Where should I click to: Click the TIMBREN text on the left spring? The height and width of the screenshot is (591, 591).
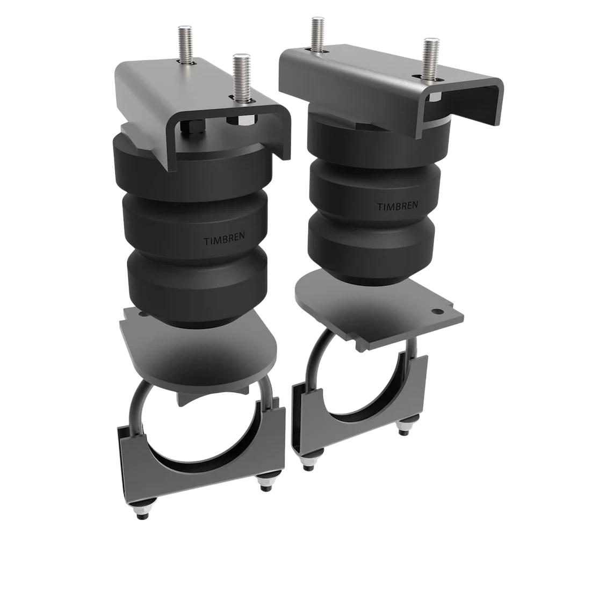coord(222,240)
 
